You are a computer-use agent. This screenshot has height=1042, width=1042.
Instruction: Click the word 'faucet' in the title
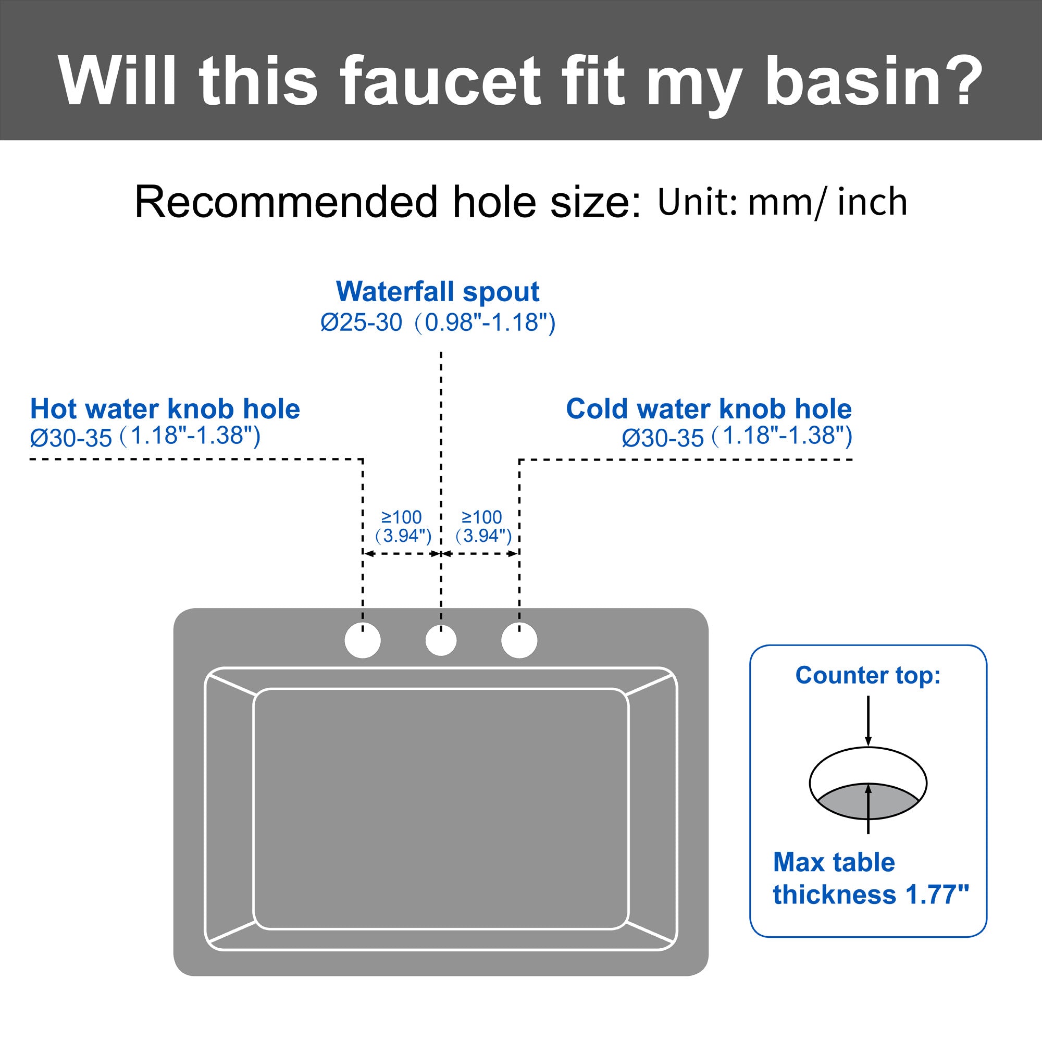point(440,81)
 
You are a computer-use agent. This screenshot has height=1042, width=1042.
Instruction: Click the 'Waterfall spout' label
point(438,292)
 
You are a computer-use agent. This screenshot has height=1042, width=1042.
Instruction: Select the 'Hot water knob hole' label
point(165,409)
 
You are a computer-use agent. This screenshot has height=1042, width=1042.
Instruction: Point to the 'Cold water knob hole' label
point(709,409)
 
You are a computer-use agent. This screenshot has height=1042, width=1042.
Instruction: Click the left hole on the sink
point(363,640)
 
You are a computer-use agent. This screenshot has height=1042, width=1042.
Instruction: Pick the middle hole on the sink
point(441,641)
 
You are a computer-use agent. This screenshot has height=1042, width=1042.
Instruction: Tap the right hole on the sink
point(519,640)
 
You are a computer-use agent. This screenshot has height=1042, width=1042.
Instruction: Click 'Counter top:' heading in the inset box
point(868,675)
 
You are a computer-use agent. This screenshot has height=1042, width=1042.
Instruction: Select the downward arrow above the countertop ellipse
point(868,720)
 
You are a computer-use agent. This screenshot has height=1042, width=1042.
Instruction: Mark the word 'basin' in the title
point(853,81)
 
